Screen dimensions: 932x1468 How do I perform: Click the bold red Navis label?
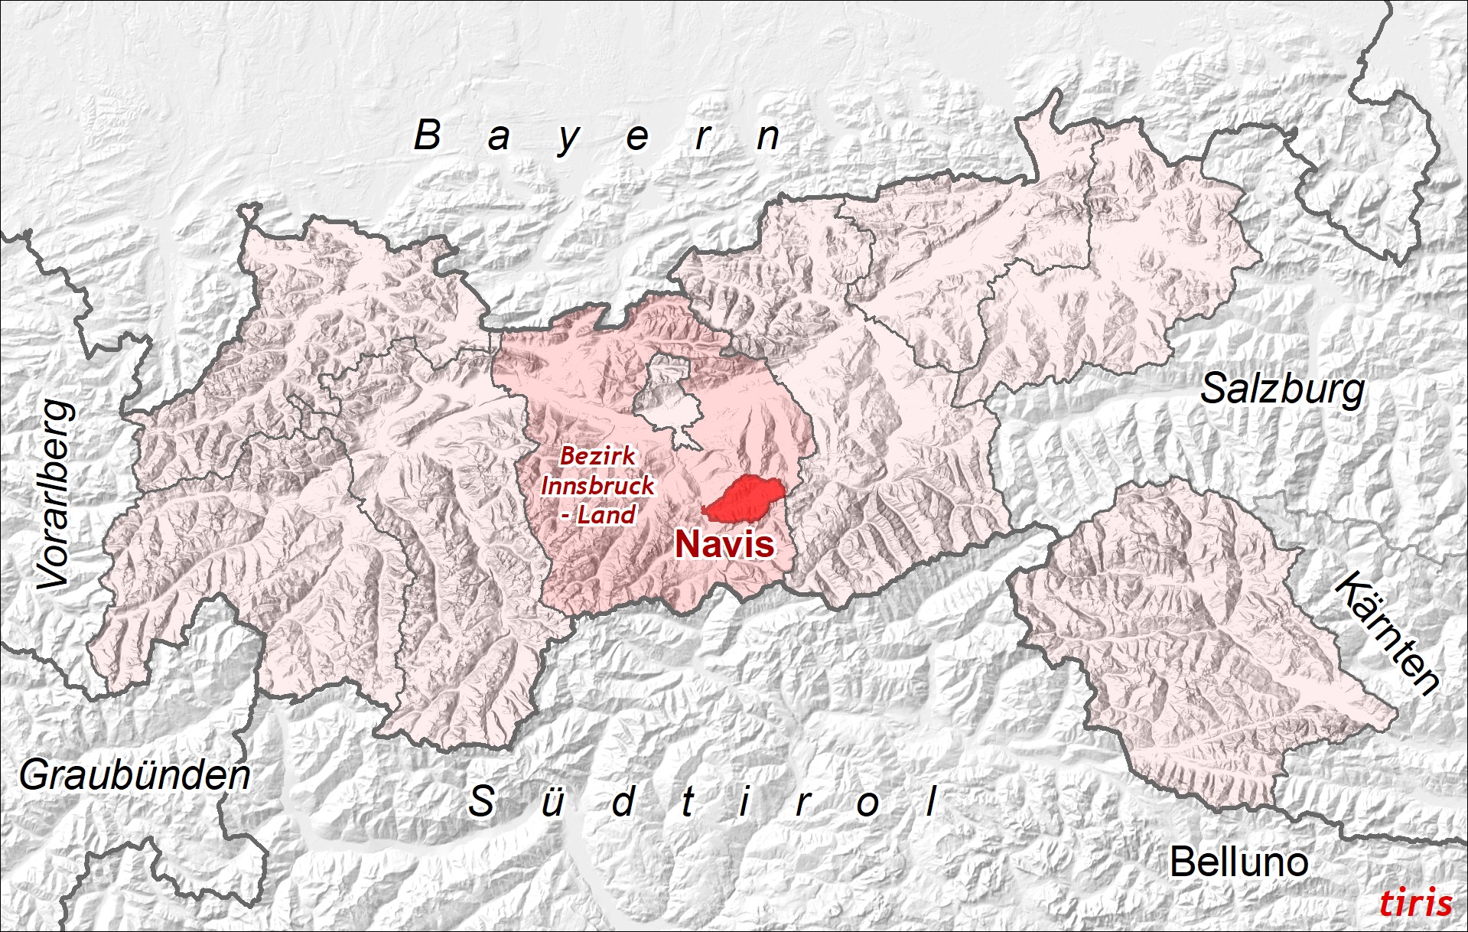click(x=724, y=544)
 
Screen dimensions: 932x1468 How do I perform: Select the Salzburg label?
click(x=1282, y=389)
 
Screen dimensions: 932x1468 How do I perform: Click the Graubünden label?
click(x=135, y=776)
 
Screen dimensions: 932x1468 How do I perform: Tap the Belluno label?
click(x=1239, y=862)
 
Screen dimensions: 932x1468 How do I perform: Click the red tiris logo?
click(x=1415, y=903)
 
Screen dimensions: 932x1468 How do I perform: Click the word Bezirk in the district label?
click(x=597, y=456)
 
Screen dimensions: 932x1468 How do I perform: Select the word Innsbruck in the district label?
click(x=597, y=485)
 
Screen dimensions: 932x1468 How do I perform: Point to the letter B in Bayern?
click(x=428, y=135)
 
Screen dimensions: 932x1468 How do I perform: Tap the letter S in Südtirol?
click(x=481, y=802)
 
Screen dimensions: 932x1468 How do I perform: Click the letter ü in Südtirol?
click(x=552, y=803)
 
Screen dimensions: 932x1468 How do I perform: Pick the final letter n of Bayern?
click(x=768, y=138)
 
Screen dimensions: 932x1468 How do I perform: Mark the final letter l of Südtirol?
click(x=931, y=802)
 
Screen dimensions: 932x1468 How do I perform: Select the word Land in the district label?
click(x=606, y=515)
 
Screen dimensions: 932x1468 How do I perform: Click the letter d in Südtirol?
click(x=623, y=802)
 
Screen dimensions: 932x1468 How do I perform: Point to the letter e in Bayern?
click(x=637, y=138)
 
